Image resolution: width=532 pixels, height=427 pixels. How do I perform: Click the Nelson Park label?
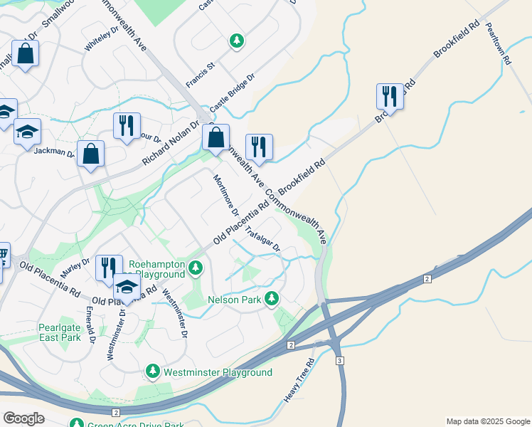234,300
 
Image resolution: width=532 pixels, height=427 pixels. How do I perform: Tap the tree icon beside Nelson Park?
270,299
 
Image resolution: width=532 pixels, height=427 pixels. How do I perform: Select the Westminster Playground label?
218,372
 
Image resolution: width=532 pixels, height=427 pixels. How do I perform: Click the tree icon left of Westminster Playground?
152,371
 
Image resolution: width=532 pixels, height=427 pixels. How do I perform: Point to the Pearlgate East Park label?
60,332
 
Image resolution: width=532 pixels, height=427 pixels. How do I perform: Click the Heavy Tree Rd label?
298,381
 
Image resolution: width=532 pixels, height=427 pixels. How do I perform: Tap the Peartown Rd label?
498,44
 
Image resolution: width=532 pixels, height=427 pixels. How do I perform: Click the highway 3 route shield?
340,361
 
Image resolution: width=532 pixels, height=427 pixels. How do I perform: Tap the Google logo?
23,418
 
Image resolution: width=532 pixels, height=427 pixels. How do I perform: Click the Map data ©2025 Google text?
487,421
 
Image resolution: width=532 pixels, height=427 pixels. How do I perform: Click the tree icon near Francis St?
236,42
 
